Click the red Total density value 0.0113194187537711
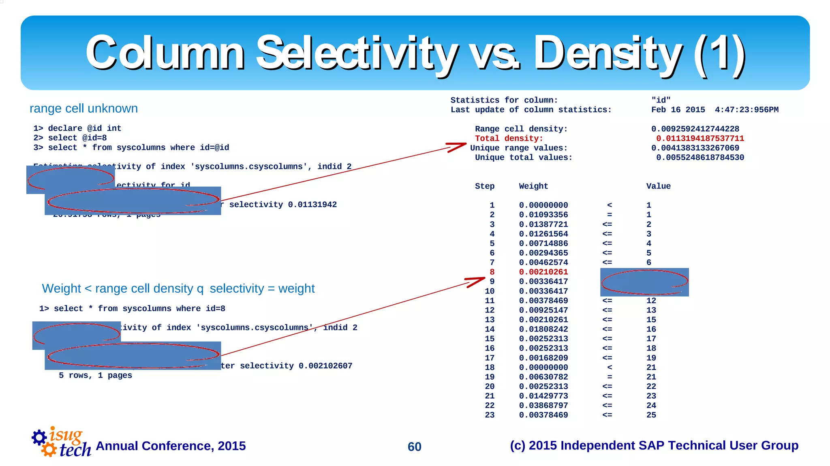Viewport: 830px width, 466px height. click(x=700, y=139)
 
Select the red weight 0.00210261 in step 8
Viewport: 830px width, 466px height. click(x=543, y=272)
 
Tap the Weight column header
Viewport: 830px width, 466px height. click(x=533, y=186)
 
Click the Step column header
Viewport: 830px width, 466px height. click(x=485, y=186)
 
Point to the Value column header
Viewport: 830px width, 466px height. click(x=658, y=186)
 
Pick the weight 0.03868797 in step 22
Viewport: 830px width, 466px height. click(x=543, y=405)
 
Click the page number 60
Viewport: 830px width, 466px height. click(x=414, y=447)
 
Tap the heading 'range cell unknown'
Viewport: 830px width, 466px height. click(x=83, y=109)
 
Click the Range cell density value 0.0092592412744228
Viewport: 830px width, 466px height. click(x=695, y=129)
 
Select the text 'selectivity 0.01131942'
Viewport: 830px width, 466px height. click(x=282, y=205)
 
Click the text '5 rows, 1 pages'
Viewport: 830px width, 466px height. click(x=95, y=375)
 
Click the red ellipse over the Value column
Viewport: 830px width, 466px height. click(x=644, y=282)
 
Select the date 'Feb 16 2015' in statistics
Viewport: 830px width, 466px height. click(x=678, y=110)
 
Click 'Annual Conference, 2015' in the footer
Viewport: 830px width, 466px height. click(x=171, y=446)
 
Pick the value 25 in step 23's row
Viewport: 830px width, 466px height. click(x=651, y=415)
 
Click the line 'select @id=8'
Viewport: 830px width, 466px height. click(x=77, y=138)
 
